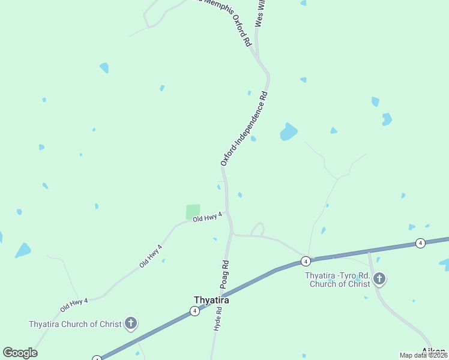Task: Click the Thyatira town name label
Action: [x=211, y=300]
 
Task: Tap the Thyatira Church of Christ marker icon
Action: [x=131, y=324]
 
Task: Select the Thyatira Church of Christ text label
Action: [x=74, y=324]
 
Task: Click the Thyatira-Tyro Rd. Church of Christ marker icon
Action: [x=379, y=278]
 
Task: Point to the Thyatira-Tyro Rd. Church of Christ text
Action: [x=337, y=280]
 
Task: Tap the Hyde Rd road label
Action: [x=218, y=319]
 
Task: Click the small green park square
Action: [x=193, y=212]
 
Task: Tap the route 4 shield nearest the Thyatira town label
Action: [x=194, y=311]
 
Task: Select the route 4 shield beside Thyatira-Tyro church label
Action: [x=306, y=262]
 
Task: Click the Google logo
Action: [x=20, y=353]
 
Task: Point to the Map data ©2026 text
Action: [x=424, y=355]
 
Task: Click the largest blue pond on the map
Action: [x=289, y=132]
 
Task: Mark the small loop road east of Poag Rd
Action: [x=257, y=229]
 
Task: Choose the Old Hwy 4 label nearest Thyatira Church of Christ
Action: [x=74, y=304]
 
